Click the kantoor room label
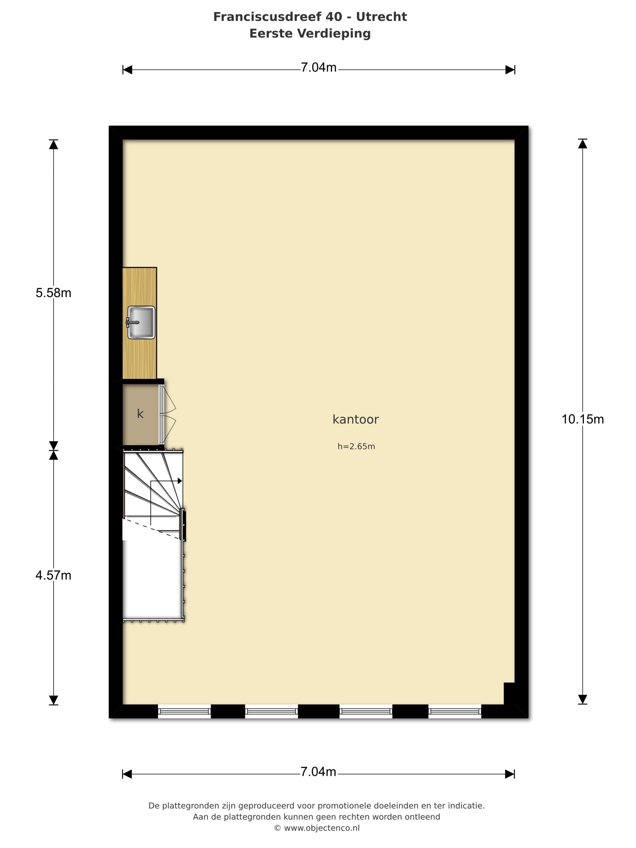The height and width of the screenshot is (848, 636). (x=355, y=419)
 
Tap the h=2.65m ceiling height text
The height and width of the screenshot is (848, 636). (x=356, y=446)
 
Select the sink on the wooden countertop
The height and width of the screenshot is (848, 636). (x=141, y=322)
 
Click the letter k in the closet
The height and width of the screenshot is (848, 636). (x=140, y=414)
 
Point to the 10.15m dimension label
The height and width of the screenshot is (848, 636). (x=582, y=419)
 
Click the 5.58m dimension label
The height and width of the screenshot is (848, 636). (x=53, y=293)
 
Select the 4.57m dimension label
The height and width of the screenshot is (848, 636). (x=53, y=575)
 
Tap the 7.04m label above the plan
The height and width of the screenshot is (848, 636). (x=319, y=68)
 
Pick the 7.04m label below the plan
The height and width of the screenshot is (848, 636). (x=318, y=772)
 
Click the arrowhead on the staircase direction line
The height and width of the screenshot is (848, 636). (x=180, y=481)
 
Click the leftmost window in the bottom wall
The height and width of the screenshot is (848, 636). (x=185, y=712)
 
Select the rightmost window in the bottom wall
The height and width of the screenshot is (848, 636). (x=455, y=712)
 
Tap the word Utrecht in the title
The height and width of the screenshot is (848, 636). (x=382, y=17)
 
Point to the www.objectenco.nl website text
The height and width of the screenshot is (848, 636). (x=322, y=828)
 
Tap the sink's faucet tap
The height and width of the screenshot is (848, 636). (x=132, y=322)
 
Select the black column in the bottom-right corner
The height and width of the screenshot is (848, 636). (x=509, y=693)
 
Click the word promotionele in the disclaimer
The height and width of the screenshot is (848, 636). (x=341, y=806)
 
